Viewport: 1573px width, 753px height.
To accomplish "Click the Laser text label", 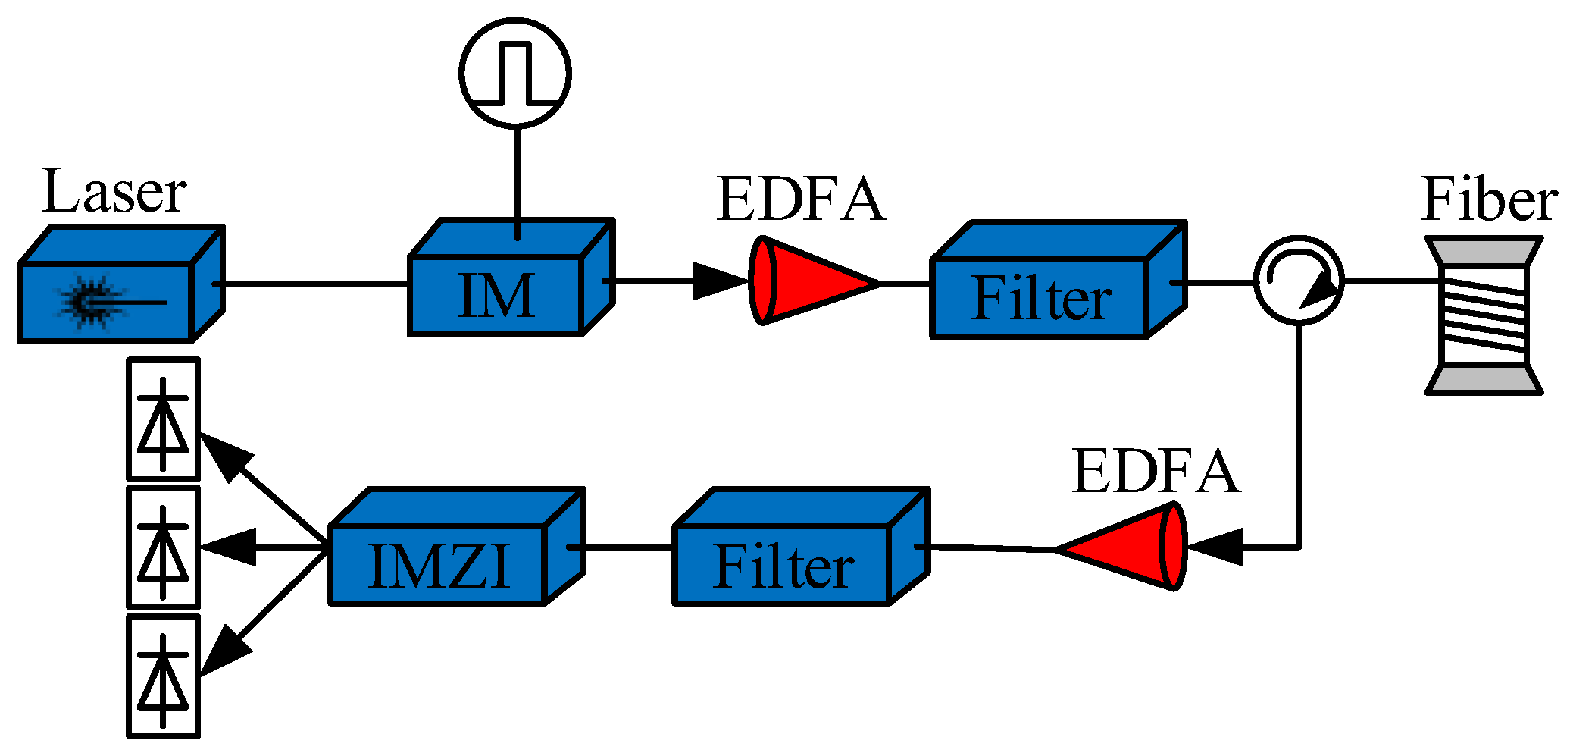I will [114, 193].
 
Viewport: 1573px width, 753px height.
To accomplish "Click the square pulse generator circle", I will [515, 72].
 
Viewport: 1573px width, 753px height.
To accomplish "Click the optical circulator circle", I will [1299, 280].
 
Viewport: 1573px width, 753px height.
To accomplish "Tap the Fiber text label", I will [1489, 199].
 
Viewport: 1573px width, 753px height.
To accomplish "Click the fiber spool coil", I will [1484, 315].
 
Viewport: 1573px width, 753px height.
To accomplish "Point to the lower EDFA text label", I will [1156, 472].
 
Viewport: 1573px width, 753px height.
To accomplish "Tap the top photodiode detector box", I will [163, 419].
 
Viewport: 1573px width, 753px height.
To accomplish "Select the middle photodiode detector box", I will [163, 547].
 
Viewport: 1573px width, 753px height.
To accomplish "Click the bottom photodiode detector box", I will [163, 676].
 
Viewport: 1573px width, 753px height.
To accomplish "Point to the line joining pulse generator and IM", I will [517, 178].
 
